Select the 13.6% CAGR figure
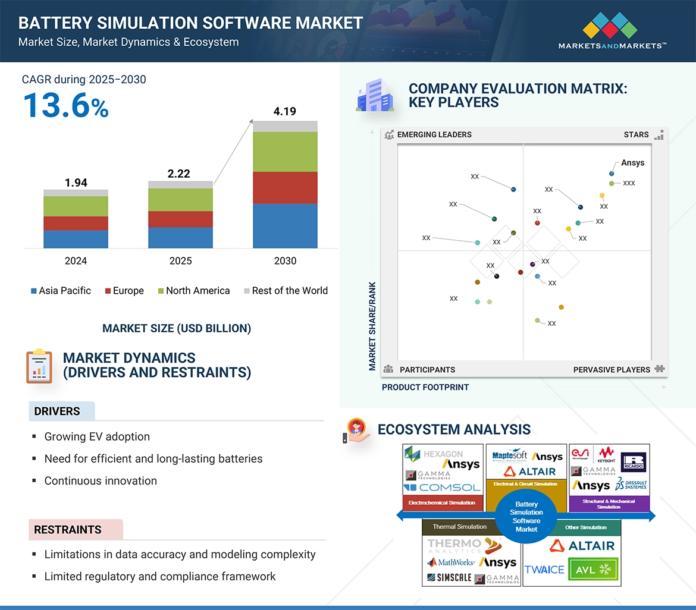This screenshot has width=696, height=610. coord(65,106)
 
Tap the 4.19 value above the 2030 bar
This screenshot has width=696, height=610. coord(285,111)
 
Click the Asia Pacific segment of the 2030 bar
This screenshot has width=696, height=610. coord(285,226)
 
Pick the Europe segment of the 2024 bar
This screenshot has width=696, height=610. coord(76,223)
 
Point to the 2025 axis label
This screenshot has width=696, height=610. coord(180,261)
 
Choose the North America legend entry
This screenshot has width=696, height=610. coord(193,291)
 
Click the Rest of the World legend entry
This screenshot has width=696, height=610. coord(286,291)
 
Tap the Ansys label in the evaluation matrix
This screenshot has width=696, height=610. coord(632,163)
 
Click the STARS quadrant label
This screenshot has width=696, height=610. coord(636,135)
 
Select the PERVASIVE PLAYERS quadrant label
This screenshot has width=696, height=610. coord(612,370)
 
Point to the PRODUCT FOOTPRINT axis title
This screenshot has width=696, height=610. coord(425,387)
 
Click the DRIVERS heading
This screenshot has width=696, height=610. coord(57,411)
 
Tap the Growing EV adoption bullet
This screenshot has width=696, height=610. coord(97,437)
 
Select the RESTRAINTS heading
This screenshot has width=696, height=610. coord(68,530)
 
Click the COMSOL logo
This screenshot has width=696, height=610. coord(442,488)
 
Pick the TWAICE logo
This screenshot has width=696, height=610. coord(544,570)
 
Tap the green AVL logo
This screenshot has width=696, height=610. coord(593,569)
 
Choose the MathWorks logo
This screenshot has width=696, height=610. coord(451,562)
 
